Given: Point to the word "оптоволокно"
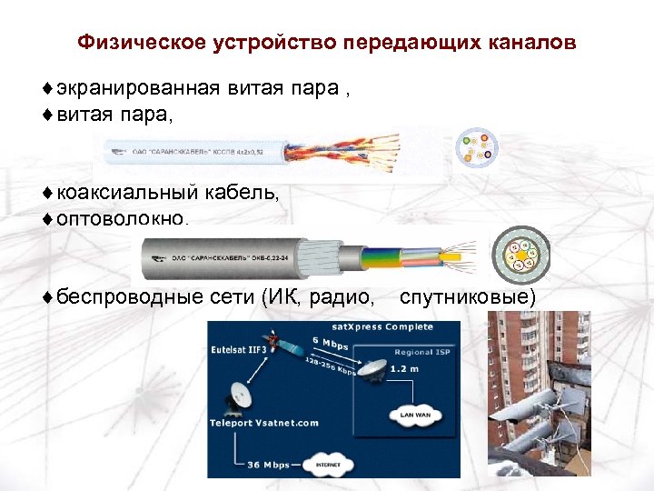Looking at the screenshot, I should [111, 219].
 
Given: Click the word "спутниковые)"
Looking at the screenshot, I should [468, 296].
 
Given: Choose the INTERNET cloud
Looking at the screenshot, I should [328, 464].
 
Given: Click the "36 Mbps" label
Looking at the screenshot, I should [269, 465].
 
